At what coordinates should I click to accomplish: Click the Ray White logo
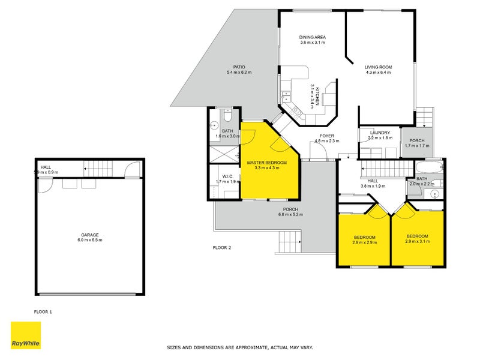(26, 335)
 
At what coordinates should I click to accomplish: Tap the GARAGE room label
(90, 235)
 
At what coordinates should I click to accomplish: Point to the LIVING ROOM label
(378, 67)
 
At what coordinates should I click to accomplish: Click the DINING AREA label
(312, 37)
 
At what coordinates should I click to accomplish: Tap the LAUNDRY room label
(380, 133)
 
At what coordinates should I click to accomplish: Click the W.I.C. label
(223, 176)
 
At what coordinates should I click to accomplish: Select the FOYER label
(327, 136)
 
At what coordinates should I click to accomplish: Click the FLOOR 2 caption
(222, 247)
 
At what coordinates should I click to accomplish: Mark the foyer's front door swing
(318, 151)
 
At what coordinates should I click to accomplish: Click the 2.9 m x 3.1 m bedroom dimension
(417, 241)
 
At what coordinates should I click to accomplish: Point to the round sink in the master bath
(215, 126)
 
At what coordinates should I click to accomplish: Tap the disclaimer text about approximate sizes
(239, 347)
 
